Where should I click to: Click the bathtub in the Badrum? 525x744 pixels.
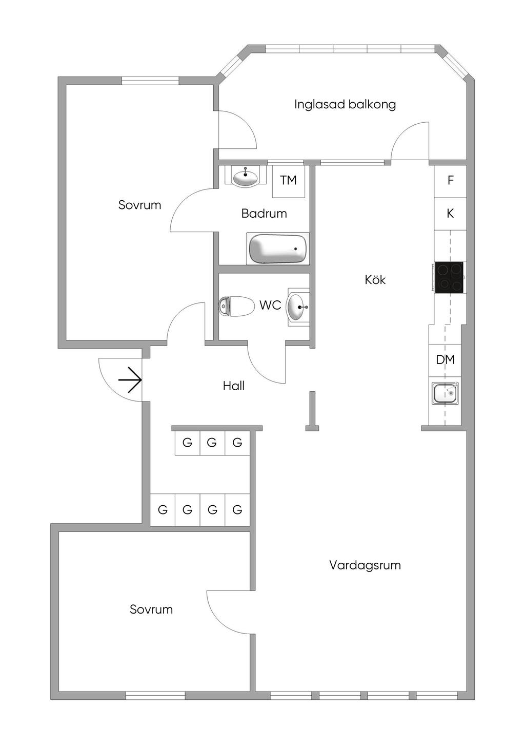278,249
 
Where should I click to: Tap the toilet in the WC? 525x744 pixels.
237,307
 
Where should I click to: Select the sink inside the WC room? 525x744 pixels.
297,307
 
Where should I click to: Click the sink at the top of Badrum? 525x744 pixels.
246,177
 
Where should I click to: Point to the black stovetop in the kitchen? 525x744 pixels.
449,277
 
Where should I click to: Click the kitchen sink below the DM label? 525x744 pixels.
445,393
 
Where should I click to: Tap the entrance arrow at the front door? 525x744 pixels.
130,380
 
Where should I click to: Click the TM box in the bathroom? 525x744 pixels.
288,180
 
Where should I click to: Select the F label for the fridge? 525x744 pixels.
451,180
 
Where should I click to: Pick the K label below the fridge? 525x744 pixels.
450,213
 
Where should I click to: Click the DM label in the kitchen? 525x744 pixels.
445,359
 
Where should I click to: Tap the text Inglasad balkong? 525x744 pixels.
345,104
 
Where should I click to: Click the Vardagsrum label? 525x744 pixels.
365,565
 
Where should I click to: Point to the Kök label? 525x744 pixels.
375,280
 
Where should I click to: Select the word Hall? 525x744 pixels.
234,386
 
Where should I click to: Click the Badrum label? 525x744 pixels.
264,213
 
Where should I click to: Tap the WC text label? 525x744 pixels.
270,305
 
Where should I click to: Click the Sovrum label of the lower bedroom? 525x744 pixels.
151,609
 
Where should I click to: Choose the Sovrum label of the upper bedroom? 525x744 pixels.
139,205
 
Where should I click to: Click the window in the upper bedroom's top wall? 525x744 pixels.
150,80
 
